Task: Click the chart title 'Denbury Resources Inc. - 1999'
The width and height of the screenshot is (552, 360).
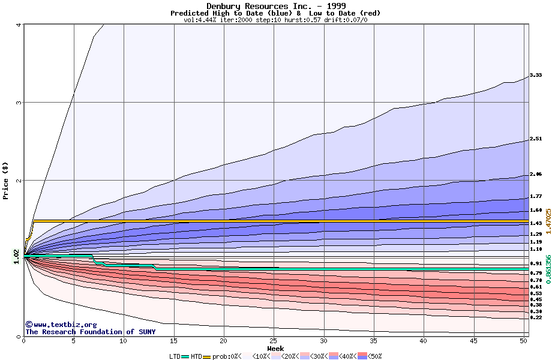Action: (275, 6)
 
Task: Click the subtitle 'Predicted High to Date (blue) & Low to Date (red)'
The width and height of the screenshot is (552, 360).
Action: (275, 13)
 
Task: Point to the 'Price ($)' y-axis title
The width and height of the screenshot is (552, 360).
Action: (6, 181)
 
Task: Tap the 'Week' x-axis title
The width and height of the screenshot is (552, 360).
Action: (275, 349)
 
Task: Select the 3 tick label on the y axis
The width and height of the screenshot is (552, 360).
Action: (19, 103)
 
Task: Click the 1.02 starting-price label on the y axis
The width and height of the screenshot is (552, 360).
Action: (17, 256)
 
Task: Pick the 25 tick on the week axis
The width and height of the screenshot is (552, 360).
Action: (274, 341)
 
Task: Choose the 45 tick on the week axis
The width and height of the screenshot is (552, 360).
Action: (473, 341)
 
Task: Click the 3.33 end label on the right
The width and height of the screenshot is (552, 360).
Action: (536, 75)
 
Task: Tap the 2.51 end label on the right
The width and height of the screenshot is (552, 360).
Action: (536, 139)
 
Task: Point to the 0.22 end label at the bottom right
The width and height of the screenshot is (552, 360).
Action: (536, 317)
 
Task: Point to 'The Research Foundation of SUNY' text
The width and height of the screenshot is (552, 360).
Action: (90, 332)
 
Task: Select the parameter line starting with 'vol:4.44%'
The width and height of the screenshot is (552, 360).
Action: (275, 20)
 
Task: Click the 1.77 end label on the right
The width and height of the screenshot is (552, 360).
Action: (536, 196)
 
